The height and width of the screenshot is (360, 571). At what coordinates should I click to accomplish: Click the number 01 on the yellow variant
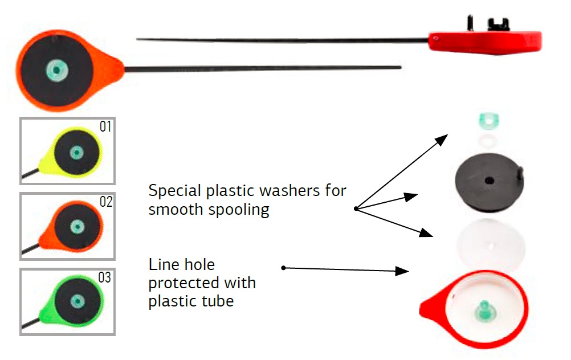[x=106, y=126]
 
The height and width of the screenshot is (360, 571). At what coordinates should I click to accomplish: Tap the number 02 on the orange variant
[x=106, y=202]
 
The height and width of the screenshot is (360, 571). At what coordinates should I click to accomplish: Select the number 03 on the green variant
[x=105, y=277]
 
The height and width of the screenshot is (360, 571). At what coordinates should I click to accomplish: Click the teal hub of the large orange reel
[x=55, y=70]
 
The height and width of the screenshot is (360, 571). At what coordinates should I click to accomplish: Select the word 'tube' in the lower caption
[x=220, y=301]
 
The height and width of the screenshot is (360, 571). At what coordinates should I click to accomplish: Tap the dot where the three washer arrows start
[x=355, y=209]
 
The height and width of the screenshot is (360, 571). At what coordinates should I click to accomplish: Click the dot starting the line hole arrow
[x=283, y=267]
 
